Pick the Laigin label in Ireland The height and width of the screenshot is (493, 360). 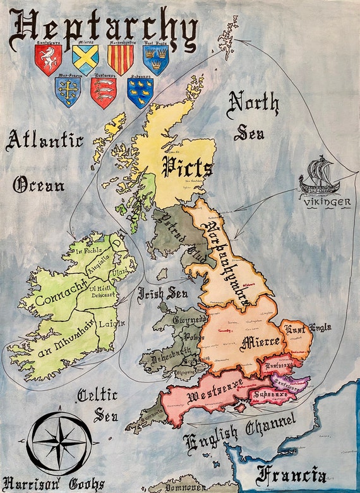[x=117, y=323]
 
